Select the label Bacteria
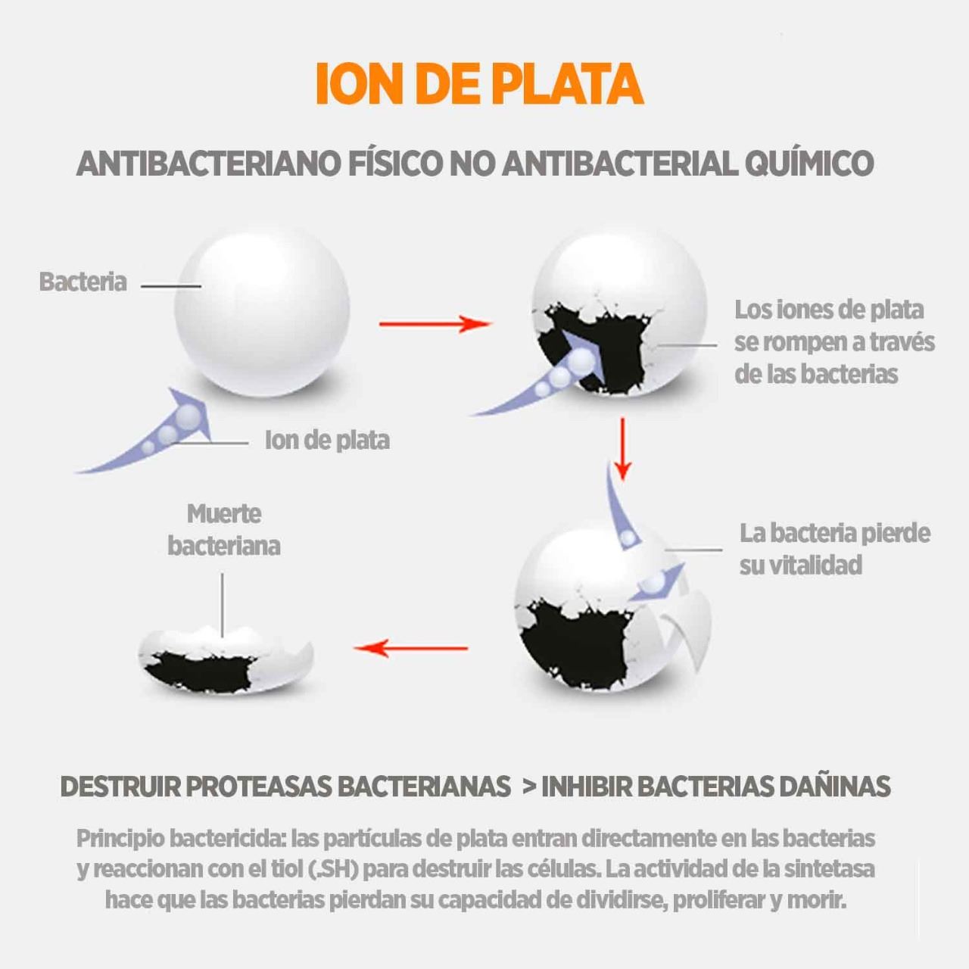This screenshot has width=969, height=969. tap(83, 282)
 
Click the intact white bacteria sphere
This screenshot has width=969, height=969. tap(262, 311)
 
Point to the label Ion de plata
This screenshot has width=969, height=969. tap(327, 441)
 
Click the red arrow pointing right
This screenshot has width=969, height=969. tap(435, 324)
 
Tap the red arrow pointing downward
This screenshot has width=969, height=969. tap(622, 449)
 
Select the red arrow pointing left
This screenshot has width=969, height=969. tap(411, 648)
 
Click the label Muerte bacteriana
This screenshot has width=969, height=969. tap(224, 530)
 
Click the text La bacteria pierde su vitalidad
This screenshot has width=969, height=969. tap(835, 549)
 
